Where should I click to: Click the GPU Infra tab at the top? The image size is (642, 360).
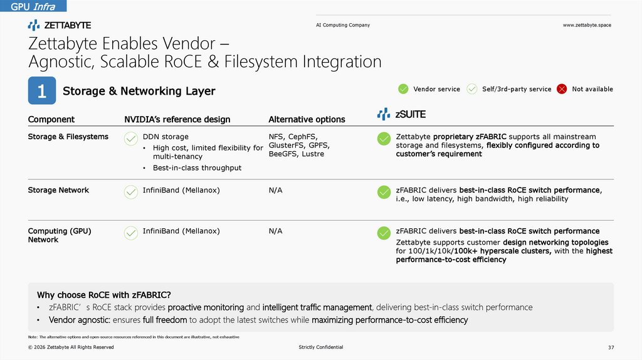[x=33, y=6]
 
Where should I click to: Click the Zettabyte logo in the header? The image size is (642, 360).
[x=60, y=25]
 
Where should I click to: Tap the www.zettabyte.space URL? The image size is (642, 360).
[x=587, y=25]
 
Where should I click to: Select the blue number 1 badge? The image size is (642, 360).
[x=41, y=91]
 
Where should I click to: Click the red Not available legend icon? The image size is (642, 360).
[x=562, y=89]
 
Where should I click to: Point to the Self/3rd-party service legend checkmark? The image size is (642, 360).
[x=472, y=89]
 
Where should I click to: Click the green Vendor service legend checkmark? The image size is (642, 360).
[x=403, y=89]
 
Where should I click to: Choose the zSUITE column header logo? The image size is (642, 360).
[x=401, y=114]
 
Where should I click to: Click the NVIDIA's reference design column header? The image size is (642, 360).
[x=177, y=119]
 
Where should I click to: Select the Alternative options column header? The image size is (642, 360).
[x=307, y=119]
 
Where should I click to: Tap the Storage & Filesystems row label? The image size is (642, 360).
[x=68, y=137]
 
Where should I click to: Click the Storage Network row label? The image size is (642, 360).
[x=58, y=190]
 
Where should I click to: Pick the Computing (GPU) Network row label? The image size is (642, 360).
[x=60, y=235]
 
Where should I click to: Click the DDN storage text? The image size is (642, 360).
[x=166, y=137]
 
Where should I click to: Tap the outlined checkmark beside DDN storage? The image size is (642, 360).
[x=131, y=139]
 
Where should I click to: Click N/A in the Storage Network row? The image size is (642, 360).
[x=275, y=190]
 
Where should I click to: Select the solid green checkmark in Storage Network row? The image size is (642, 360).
[x=384, y=192]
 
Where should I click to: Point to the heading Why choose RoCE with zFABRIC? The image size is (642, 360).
[x=104, y=295]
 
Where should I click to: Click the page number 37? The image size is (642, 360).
[x=611, y=347]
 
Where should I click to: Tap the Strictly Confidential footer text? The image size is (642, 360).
[x=321, y=347]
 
